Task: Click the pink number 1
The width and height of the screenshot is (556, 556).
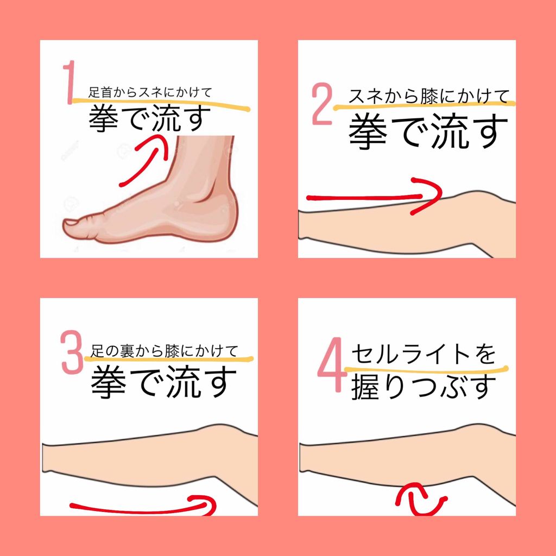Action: tap(69, 83)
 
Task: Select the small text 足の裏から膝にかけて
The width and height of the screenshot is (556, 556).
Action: tap(164, 351)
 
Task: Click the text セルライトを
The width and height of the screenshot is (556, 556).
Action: tap(424, 355)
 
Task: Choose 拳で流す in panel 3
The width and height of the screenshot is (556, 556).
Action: tap(164, 381)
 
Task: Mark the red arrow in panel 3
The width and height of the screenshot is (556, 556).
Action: tap(144, 506)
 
